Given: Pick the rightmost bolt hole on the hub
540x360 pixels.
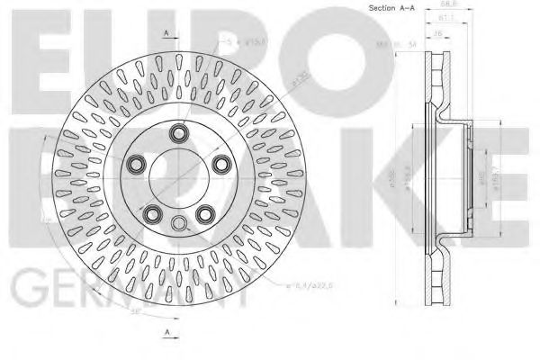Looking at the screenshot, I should tap(220, 162).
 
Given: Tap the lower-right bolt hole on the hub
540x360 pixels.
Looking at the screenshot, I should tap(205, 213).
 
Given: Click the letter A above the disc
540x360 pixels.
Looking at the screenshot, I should tap(167, 33).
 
